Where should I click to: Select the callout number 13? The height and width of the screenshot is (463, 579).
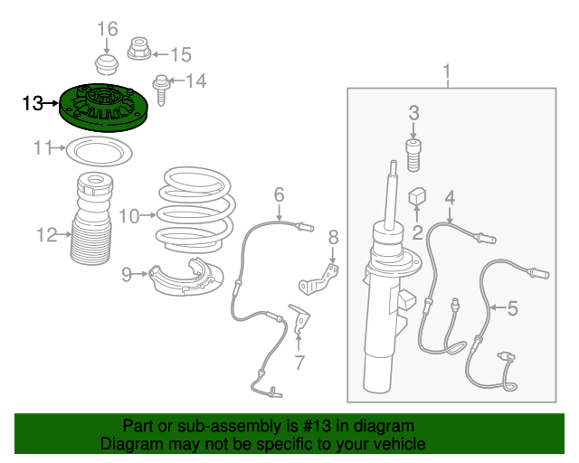point(33,104)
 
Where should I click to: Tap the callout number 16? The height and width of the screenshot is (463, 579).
point(108,29)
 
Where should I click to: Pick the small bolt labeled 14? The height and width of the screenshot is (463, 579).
point(161,88)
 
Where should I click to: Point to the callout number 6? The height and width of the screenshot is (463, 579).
point(279,194)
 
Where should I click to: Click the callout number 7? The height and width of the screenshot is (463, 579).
point(299,364)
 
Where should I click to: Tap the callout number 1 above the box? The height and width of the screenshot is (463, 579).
point(445,71)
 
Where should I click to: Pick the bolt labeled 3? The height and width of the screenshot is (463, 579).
point(414,155)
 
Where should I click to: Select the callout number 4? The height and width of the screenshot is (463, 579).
point(449,198)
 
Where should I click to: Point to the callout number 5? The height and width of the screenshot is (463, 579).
point(512,309)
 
